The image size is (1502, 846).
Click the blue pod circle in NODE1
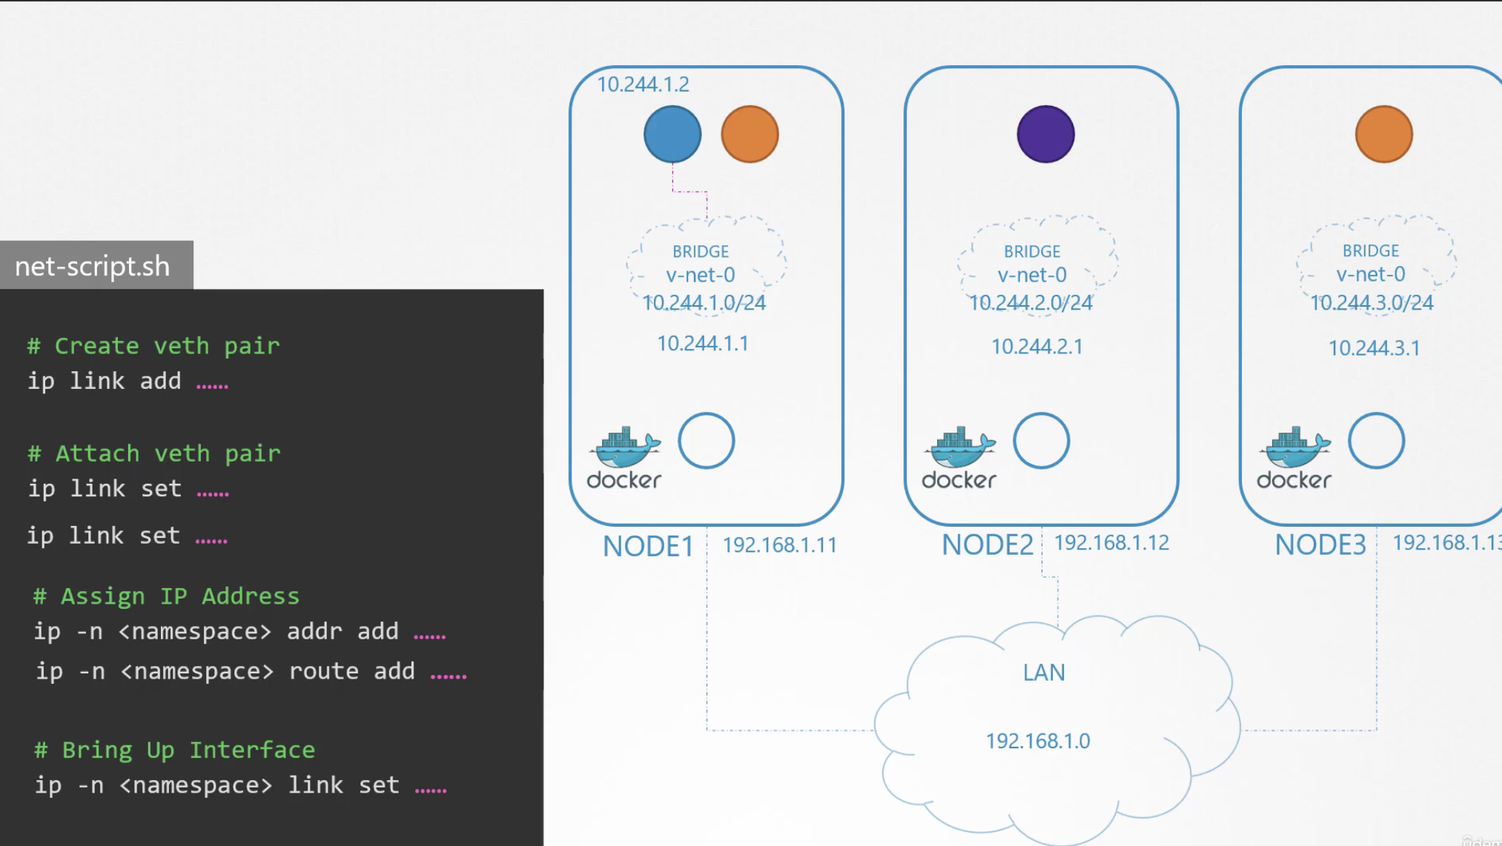coord(672,134)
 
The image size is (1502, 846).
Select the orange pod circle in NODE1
coord(750,134)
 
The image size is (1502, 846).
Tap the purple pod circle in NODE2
coord(1045,134)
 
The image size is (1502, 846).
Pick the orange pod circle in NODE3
coord(1383,134)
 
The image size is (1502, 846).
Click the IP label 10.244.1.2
coord(643,84)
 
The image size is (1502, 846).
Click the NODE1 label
coord(648,546)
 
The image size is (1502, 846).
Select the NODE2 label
coord(987,544)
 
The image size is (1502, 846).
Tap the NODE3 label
coord(1320,544)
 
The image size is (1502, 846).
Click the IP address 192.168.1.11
coord(779,545)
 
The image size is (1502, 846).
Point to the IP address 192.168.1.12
coord(1111,543)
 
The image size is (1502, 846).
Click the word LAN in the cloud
coord(1044,673)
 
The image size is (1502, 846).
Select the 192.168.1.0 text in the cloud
coord(1038,741)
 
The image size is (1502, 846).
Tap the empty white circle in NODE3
coord(1376,441)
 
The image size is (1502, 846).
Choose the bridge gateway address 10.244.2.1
coord(1036,347)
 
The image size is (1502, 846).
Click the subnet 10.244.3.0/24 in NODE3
coord(1372,303)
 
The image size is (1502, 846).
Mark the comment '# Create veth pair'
coord(153,346)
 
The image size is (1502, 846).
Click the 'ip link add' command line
coord(128,381)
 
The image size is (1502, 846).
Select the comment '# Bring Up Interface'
coord(174,750)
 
